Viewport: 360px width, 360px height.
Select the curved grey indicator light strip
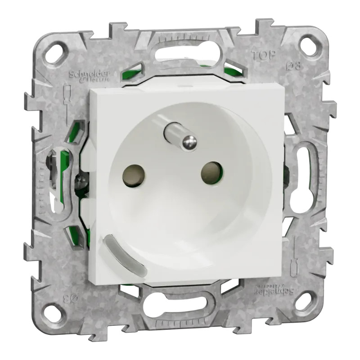125,254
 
